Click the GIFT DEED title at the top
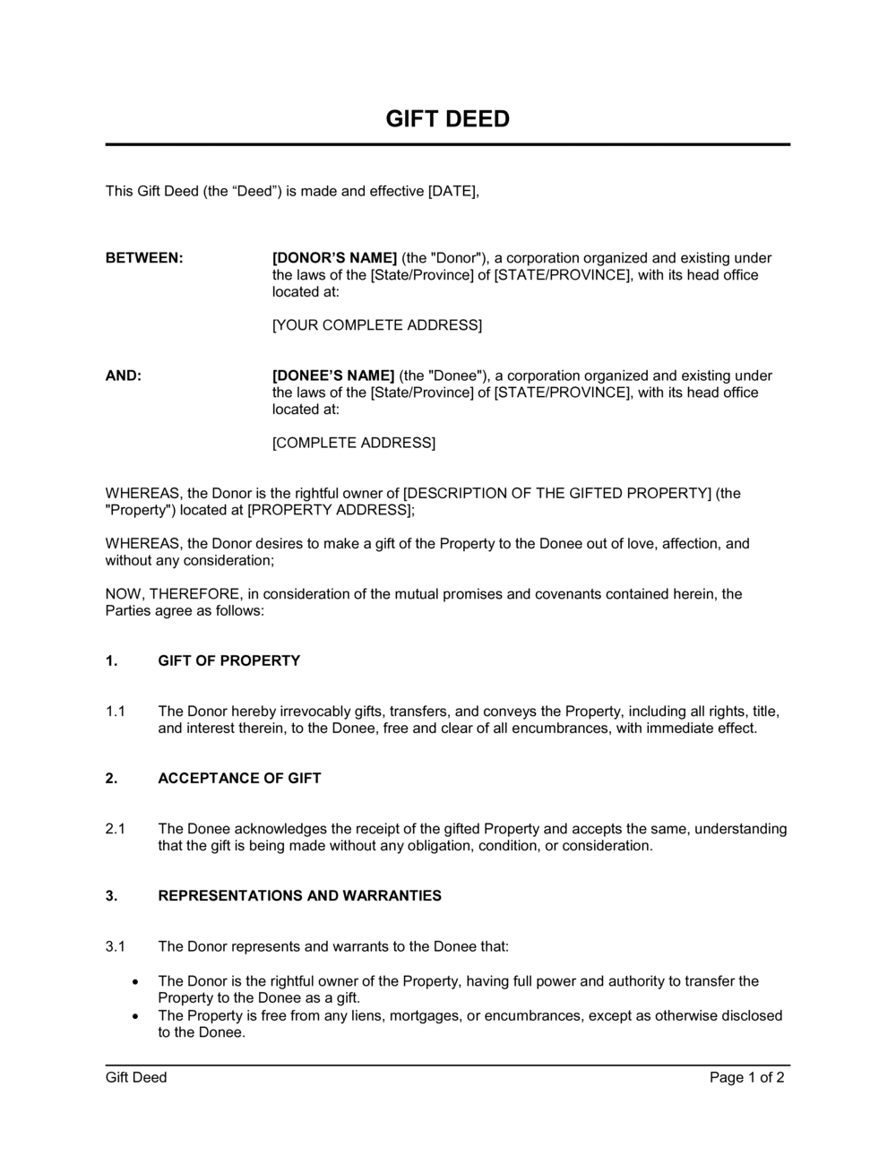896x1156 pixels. pos(447,119)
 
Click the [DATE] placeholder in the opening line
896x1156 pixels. pos(453,191)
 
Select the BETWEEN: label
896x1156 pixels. pos(144,258)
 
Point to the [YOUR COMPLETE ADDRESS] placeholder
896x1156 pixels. pos(376,325)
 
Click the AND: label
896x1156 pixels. pos(124,375)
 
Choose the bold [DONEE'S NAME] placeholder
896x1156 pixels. pos(333,375)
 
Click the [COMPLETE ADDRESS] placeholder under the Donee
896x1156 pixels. pos(353,443)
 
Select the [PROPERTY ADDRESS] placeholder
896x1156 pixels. pos(329,510)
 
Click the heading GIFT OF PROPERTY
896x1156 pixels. pos(228,661)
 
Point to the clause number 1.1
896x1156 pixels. pos(115,712)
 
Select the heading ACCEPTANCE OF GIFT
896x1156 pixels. pos(239,779)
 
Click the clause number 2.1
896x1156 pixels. pos(115,829)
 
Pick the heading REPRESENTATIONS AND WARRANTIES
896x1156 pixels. pos(299,896)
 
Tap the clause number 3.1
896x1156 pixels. pos(115,946)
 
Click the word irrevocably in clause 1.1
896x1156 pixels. pos(310,712)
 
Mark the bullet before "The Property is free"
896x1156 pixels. pos(134,1016)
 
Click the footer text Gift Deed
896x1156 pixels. pos(136,1078)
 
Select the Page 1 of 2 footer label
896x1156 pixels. pos(746,1078)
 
